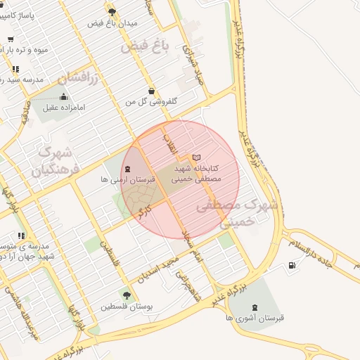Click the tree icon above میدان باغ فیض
tap(112, 11)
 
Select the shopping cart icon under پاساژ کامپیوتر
tap(10, 39)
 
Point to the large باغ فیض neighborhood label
tap(146, 48)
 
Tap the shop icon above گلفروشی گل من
tap(152, 91)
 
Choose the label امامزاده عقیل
tap(64, 108)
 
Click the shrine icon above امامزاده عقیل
tap(64, 96)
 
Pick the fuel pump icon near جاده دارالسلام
tap(292, 266)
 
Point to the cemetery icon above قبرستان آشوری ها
tap(254, 307)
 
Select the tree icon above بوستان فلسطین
tap(127, 295)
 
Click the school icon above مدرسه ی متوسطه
tap(21, 236)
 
